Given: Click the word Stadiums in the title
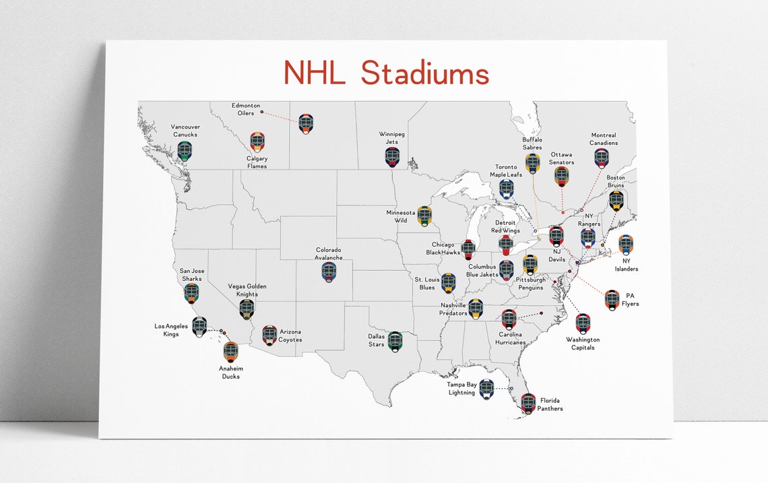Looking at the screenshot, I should [x=424, y=73].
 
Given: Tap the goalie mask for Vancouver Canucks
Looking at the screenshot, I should [x=185, y=150].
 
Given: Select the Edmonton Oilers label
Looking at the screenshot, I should [x=246, y=109].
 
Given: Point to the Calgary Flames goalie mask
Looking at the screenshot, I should [x=257, y=141].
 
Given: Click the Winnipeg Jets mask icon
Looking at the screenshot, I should [x=392, y=157].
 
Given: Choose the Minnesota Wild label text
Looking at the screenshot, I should [x=400, y=216].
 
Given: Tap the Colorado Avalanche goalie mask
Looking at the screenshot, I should [x=329, y=271].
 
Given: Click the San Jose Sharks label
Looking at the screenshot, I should [x=191, y=275].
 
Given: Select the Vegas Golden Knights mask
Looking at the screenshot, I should [x=247, y=309].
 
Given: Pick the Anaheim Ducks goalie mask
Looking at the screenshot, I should [x=230, y=351].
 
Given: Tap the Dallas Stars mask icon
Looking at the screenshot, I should [x=395, y=342].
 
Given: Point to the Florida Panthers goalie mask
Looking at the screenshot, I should [x=528, y=403].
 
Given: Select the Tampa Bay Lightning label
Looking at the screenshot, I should [x=461, y=389].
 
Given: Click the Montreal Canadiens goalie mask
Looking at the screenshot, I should [x=602, y=158].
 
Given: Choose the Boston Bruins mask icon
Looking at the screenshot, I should [x=616, y=201].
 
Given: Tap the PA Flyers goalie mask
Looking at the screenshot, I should [x=612, y=299].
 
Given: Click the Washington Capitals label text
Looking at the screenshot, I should [x=583, y=344].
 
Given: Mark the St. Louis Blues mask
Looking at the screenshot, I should [x=448, y=282].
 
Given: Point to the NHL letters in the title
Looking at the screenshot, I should [x=314, y=73].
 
